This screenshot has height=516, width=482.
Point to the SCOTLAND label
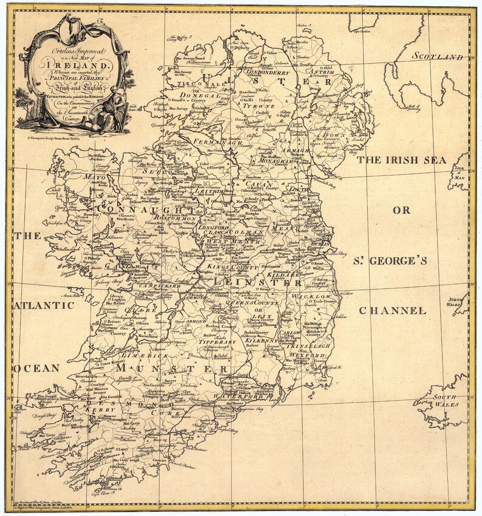pos(438,56)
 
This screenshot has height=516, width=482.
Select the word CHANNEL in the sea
pos(392,311)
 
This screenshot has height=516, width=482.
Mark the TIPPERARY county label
pos(217,342)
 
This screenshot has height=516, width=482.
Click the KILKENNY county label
pos(262,342)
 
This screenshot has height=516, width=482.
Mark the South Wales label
pos(449,401)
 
